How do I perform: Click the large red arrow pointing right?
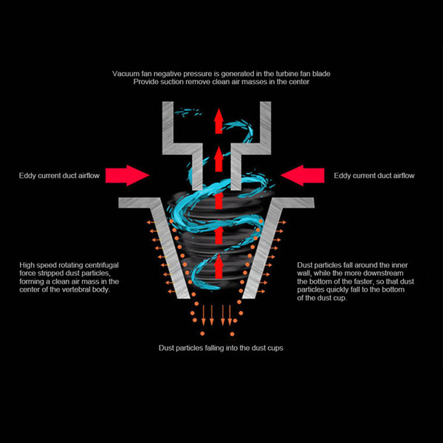click(127, 175)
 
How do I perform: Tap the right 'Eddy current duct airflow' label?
click(374, 176)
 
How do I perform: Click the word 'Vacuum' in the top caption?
click(126, 73)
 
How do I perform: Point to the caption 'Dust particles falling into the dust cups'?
click(221, 348)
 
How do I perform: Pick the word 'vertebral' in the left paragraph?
click(68, 290)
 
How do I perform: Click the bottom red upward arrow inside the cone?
click(219, 266)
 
